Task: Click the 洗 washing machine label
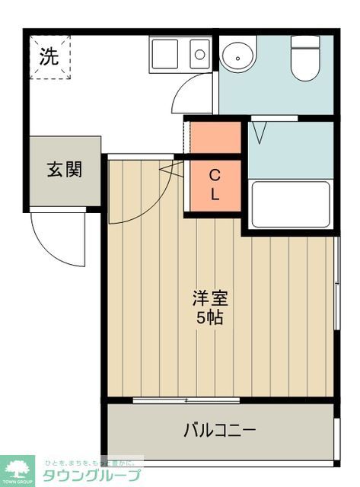tap(49, 56)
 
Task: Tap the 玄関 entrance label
tap(65, 170)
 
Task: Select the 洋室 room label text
tap(210, 298)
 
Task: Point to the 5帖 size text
tap(210, 318)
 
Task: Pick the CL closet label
tap(215, 185)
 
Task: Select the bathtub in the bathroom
tap(290, 204)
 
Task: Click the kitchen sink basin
tap(164, 53)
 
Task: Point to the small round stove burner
tap(199, 54)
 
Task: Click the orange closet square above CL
tap(215, 137)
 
